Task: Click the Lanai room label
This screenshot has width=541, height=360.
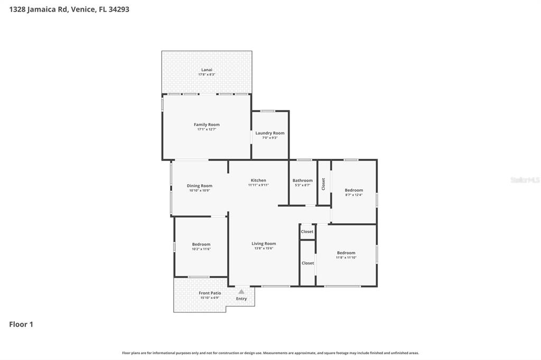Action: [207, 70]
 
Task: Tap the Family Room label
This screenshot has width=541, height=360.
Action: [207, 125]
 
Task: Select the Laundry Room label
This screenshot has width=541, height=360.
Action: [270, 133]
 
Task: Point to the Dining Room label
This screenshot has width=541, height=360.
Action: [200, 186]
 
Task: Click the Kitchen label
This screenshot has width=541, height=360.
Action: [258, 181]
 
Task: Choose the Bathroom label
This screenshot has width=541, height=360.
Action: [303, 181]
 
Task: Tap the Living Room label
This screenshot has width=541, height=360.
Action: [264, 244]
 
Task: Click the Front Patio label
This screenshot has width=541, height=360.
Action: [210, 293]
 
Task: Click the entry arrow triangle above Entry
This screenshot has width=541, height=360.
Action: [241, 291]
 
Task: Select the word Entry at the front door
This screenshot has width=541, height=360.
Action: [241, 299]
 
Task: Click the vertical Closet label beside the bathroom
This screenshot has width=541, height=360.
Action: [323, 184]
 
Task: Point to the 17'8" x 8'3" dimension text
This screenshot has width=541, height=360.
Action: [207, 74]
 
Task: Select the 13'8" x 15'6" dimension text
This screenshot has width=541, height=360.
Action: [264, 248]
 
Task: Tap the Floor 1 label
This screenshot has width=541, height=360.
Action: [21, 325]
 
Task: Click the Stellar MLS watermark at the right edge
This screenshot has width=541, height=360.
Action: [525, 180]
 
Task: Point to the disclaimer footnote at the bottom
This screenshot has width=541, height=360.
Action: [270, 353]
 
